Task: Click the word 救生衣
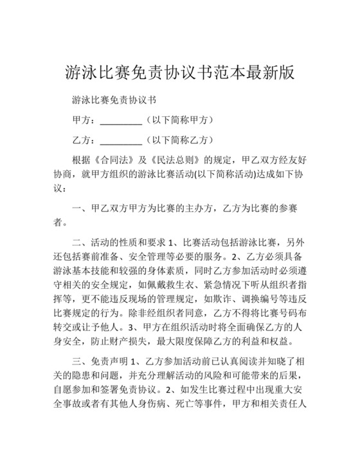(x=171, y=283)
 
